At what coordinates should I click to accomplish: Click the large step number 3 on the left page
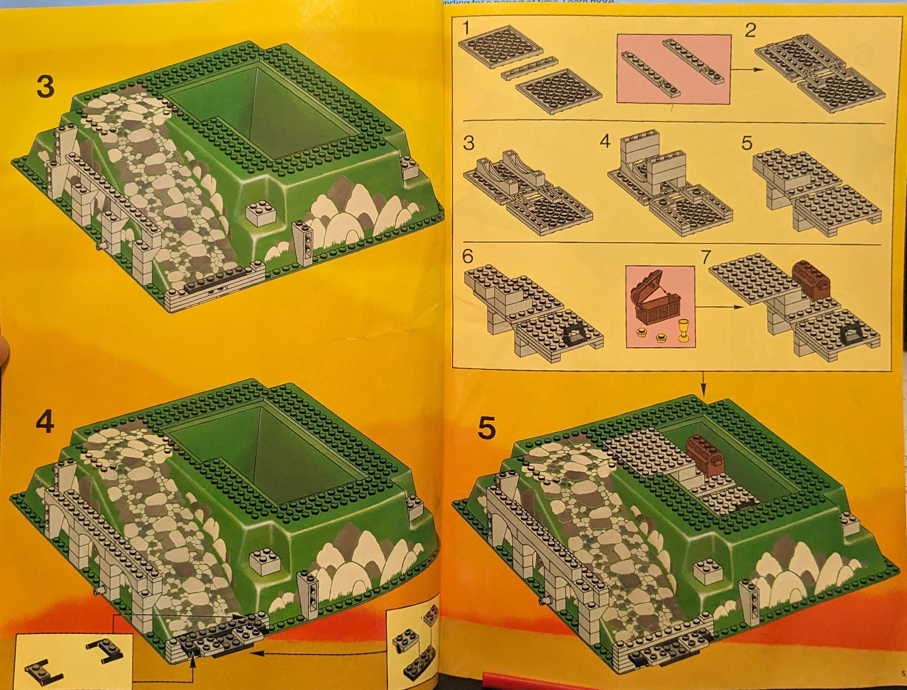click(45, 87)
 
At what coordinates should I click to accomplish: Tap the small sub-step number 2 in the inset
click(750, 30)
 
